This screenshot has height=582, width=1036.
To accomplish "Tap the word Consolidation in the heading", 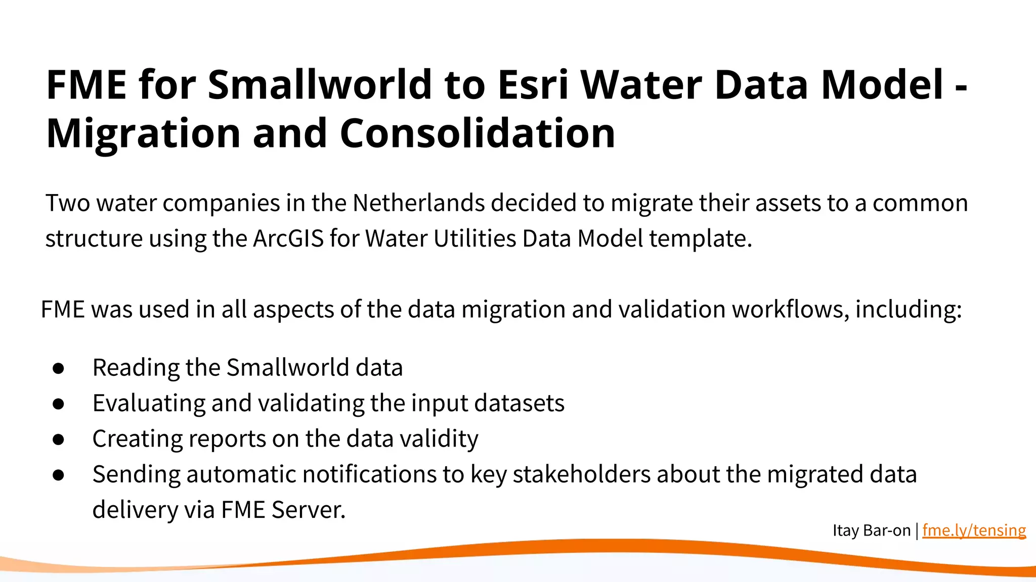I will click(x=477, y=133).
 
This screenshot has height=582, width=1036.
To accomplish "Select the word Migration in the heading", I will click(x=143, y=134).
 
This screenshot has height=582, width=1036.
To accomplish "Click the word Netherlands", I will click(x=418, y=203).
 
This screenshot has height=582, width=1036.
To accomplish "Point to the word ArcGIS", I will click(x=288, y=238).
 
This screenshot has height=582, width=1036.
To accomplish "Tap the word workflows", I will click(x=790, y=309).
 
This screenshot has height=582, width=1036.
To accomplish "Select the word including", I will click(x=908, y=310).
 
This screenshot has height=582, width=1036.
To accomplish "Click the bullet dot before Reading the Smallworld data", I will click(x=59, y=368).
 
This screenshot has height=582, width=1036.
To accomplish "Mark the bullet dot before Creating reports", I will click(x=59, y=440).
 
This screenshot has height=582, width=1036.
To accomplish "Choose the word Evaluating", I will click(x=149, y=404).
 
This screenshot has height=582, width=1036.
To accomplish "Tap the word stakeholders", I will click(x=581, y=474).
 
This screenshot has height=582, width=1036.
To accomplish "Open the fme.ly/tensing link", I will click(x=974, y=530).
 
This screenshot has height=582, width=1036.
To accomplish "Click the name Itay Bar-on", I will click(x=871, y=530).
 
